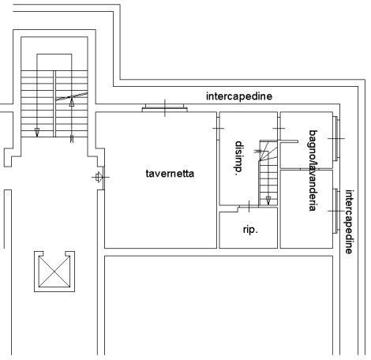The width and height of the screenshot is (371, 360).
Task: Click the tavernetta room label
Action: click(x=170, y=174)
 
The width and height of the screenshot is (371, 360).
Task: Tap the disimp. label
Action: click(x=238, y=158)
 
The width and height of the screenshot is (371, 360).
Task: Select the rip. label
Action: click(x=250, y=230)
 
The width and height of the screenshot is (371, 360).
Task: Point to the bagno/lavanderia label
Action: click(x=313, y=171)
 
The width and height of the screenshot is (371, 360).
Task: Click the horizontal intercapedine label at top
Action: click(x=239, y=96)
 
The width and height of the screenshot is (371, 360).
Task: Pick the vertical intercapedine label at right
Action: click(x=349, y=222)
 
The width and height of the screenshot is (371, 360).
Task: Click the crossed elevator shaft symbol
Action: click(x=54, y=272)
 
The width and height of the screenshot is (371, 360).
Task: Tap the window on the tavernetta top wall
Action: click(x=165, y=108)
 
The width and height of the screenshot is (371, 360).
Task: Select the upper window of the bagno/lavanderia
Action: click(x=336, y=138)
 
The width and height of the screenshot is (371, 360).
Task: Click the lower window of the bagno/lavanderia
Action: click(x=336, y=211)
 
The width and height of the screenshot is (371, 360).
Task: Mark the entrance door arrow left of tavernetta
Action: click(x=98, y=177)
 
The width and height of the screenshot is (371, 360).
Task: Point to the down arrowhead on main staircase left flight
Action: click(x=37, y=133)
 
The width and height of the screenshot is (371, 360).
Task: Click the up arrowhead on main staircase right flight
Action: click(x=72, y=102)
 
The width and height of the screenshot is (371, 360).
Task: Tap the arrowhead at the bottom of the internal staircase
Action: click(x=268, y=201)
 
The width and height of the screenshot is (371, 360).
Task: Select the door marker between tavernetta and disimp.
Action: click(x=218, y=129)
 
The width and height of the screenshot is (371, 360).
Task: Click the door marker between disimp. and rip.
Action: click(x=249, y=206)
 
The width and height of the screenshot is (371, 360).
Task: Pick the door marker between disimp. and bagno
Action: click(x=279, y=129)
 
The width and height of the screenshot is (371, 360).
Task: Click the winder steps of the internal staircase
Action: click(x=268, y=152)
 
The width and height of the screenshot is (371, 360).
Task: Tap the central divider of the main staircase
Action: click(x=54, y=103)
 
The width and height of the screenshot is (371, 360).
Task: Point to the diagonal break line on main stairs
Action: click(x=72, y=96)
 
